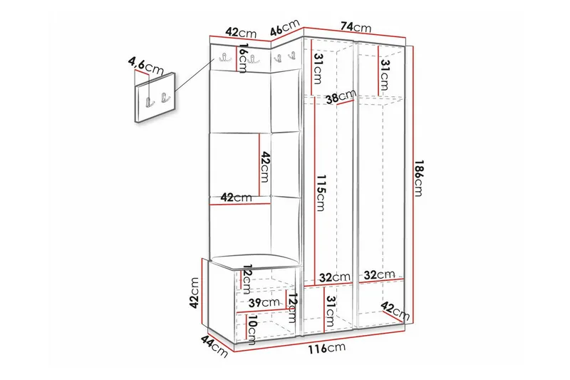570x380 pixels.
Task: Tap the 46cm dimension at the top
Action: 284,30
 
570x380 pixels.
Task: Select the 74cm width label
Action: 356,27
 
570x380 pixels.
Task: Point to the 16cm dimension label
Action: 243,58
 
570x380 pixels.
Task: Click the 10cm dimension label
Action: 251,329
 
